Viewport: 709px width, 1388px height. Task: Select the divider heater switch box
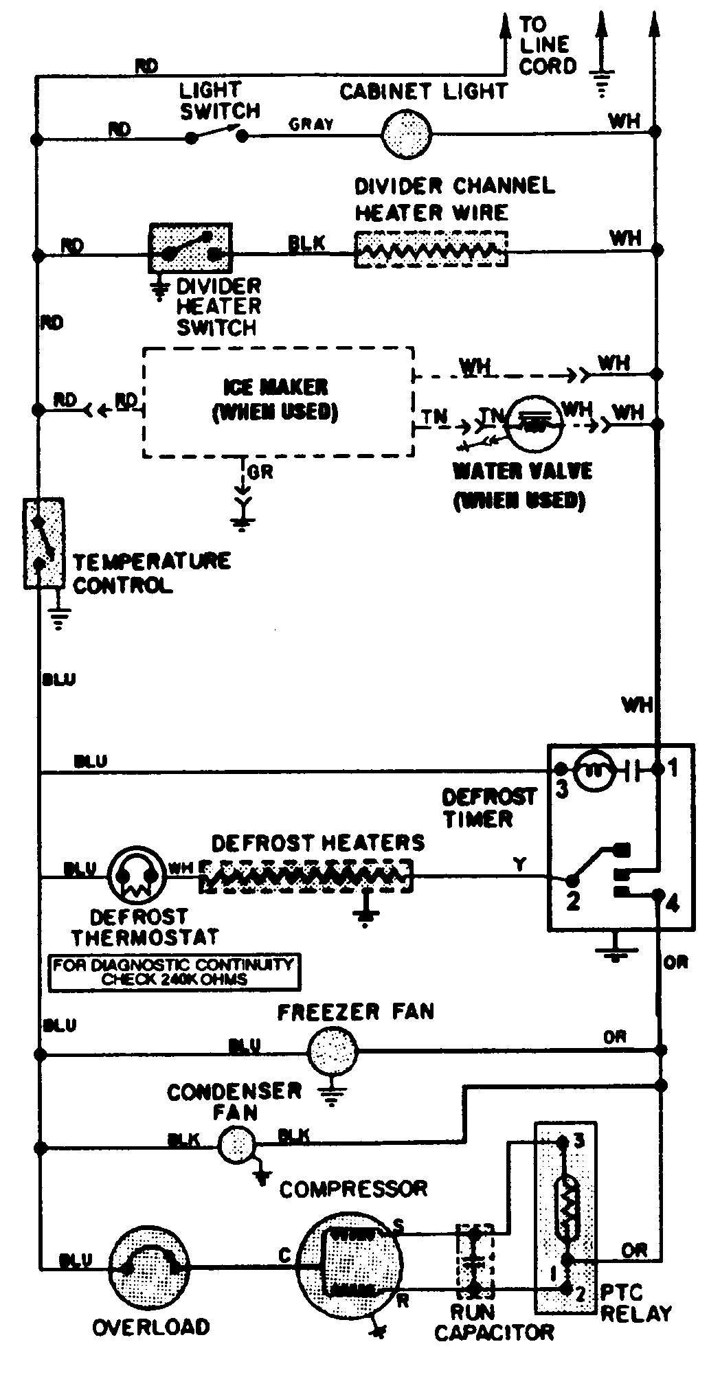coord(190,248)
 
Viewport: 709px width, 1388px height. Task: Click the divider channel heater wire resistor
coord(431,249)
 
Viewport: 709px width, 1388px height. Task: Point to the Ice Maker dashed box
coord(278,401)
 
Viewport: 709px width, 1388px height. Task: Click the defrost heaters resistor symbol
coord(306,876)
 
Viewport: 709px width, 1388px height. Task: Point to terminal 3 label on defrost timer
coord(562,790)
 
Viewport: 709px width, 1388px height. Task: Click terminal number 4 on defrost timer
coord(673,903)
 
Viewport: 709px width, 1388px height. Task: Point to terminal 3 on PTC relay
coord(579,1141)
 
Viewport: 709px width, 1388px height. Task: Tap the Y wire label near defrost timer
coord(520,865)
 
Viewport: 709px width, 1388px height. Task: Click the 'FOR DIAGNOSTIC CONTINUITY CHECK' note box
coord(175,971)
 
